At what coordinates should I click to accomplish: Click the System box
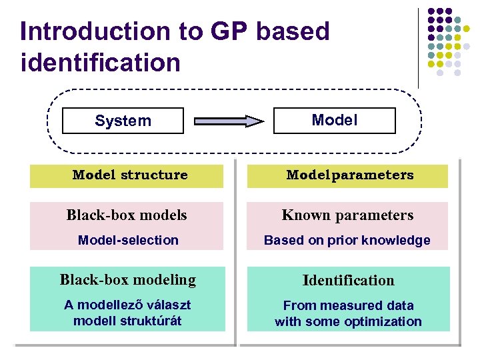point(123,121)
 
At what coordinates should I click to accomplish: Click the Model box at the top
point(335,120)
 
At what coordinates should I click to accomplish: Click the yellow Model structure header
point(130,175)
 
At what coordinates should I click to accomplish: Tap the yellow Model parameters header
point(349,175)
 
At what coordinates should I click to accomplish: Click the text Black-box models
point(127,215)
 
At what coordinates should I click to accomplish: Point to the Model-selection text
point(128,240)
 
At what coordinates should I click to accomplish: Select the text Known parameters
point(347,215)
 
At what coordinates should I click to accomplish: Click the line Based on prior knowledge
point(347,240)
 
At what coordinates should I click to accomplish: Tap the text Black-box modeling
point(128,280)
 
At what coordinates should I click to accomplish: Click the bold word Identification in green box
point(348,281)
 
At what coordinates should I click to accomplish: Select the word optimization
point(383,321)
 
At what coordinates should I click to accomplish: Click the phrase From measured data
point(348,305)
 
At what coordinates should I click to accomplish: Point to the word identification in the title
point(101,63)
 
